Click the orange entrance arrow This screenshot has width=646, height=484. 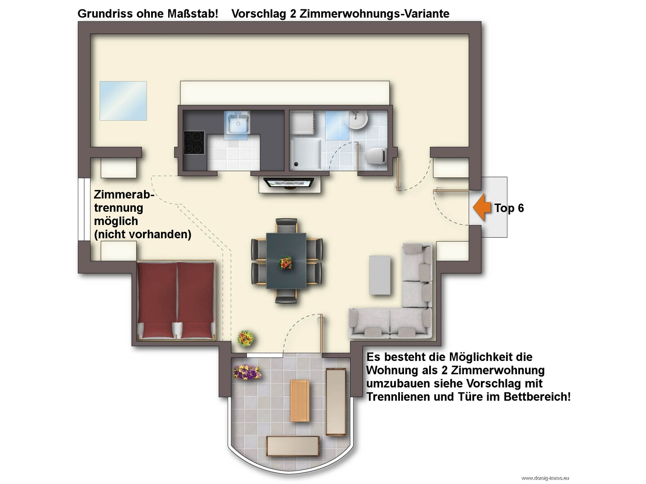(482, 208)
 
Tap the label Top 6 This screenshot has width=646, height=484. (509, 208)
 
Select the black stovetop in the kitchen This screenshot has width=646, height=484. (194, 143)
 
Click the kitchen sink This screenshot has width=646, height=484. (238, 122)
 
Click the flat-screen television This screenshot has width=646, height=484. (289, 183)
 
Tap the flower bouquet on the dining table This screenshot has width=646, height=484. (285, 262)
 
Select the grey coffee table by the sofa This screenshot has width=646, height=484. (380, 275)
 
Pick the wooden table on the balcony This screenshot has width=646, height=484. (300, 400)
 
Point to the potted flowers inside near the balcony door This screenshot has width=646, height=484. (246, 338)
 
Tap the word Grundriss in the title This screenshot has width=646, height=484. (105, 13)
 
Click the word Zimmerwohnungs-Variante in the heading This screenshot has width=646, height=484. (374, 13)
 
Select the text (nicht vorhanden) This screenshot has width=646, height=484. (143, 234)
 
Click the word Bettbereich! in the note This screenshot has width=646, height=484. (537, 397)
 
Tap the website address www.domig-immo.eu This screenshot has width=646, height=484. (545, 478)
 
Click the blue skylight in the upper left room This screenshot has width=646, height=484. (123, 101)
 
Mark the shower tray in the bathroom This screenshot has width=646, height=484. (306, 155)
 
